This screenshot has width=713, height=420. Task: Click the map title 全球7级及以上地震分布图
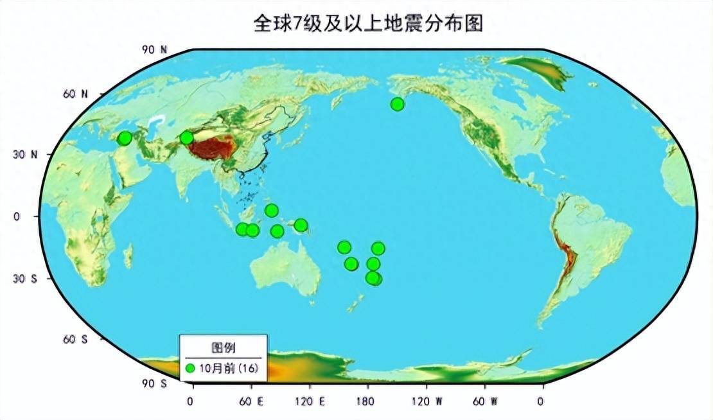coord(367,24)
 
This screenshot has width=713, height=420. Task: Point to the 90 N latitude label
coord(154,49)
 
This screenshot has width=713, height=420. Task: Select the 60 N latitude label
coord(76,94)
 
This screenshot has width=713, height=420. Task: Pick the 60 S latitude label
coord(76,339)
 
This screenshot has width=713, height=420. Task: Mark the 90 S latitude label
coord(154,383)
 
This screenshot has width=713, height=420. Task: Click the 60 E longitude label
coord(251,401)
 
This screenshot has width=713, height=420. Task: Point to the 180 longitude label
coord(367,401)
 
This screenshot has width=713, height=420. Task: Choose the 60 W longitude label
coord(484,401)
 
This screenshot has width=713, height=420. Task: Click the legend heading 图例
coord(223,348)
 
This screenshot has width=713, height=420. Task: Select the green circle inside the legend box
coord(190,369)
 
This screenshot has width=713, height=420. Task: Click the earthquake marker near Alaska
coord(397,104)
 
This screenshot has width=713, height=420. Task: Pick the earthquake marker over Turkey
coord(125,137)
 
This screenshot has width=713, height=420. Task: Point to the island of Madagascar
coord(128,256)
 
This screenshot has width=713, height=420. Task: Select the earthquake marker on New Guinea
coord(301,225)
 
